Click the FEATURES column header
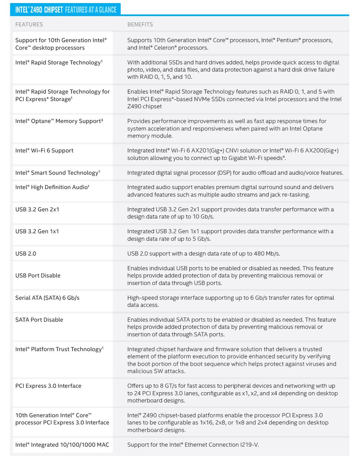click(x=29, y=25)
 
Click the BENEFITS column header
click(x=140, y=25)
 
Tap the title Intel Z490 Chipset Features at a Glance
click(x=66, y=10)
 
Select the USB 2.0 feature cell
click(x=26, y=253)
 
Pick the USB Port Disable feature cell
click(x=38, y=275)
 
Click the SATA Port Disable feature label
click(x=39, y=320)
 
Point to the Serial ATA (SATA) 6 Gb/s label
click(x=47, y=298)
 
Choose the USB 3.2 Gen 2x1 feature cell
click(x=37, y=209)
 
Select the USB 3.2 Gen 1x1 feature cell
click(x=37, y=231)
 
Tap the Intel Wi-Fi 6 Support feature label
click(x=44, y=150)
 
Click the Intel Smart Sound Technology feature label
click(x=57, y=173)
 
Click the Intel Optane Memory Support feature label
click(x=59, y=121)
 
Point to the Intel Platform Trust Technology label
click(x=59, y=349)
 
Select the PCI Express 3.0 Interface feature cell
click(x=48, y=386)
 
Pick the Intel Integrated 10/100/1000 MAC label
click(x=62, y=445)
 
